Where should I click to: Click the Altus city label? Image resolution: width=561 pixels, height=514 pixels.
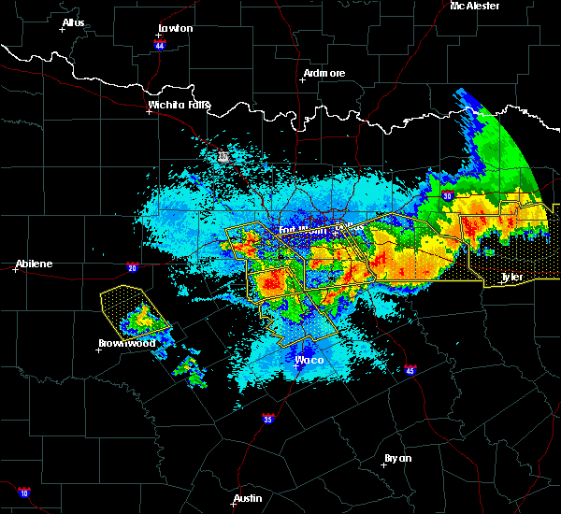[x=73, y=21]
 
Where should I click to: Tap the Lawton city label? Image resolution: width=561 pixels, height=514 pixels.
[x=175, y=28]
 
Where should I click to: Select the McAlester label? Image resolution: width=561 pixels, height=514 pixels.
[x=475, y=6]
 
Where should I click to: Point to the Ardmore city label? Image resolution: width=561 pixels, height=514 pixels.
[x=324, y=73]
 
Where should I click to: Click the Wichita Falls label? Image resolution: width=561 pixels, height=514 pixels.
[x=179, y=106]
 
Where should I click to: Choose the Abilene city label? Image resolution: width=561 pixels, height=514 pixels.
[x=33, y=264]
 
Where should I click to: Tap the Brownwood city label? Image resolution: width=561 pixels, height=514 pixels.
[x=126, y=343]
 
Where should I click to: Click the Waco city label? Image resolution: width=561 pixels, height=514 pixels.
[x=309, y=360]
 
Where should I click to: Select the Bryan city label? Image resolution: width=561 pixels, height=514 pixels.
[x=398, y=458]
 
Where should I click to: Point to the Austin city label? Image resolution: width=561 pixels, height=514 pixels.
[x=248, y=498]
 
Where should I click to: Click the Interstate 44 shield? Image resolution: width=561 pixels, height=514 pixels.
[x=159, y=44]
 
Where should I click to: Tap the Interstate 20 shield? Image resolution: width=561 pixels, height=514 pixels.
[x=132, y=267]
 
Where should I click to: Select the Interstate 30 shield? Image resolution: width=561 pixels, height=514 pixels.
[x=447, y=196]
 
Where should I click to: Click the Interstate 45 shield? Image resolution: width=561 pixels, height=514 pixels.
[x=410, y=371]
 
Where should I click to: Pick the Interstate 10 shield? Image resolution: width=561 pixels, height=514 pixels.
[x=23, y=493]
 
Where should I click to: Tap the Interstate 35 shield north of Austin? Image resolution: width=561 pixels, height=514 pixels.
[x=268, y=418]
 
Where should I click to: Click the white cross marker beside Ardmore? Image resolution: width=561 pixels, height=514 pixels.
[x=301, y=79]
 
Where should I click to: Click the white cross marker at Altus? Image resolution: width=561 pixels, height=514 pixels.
[x=62, y=29]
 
